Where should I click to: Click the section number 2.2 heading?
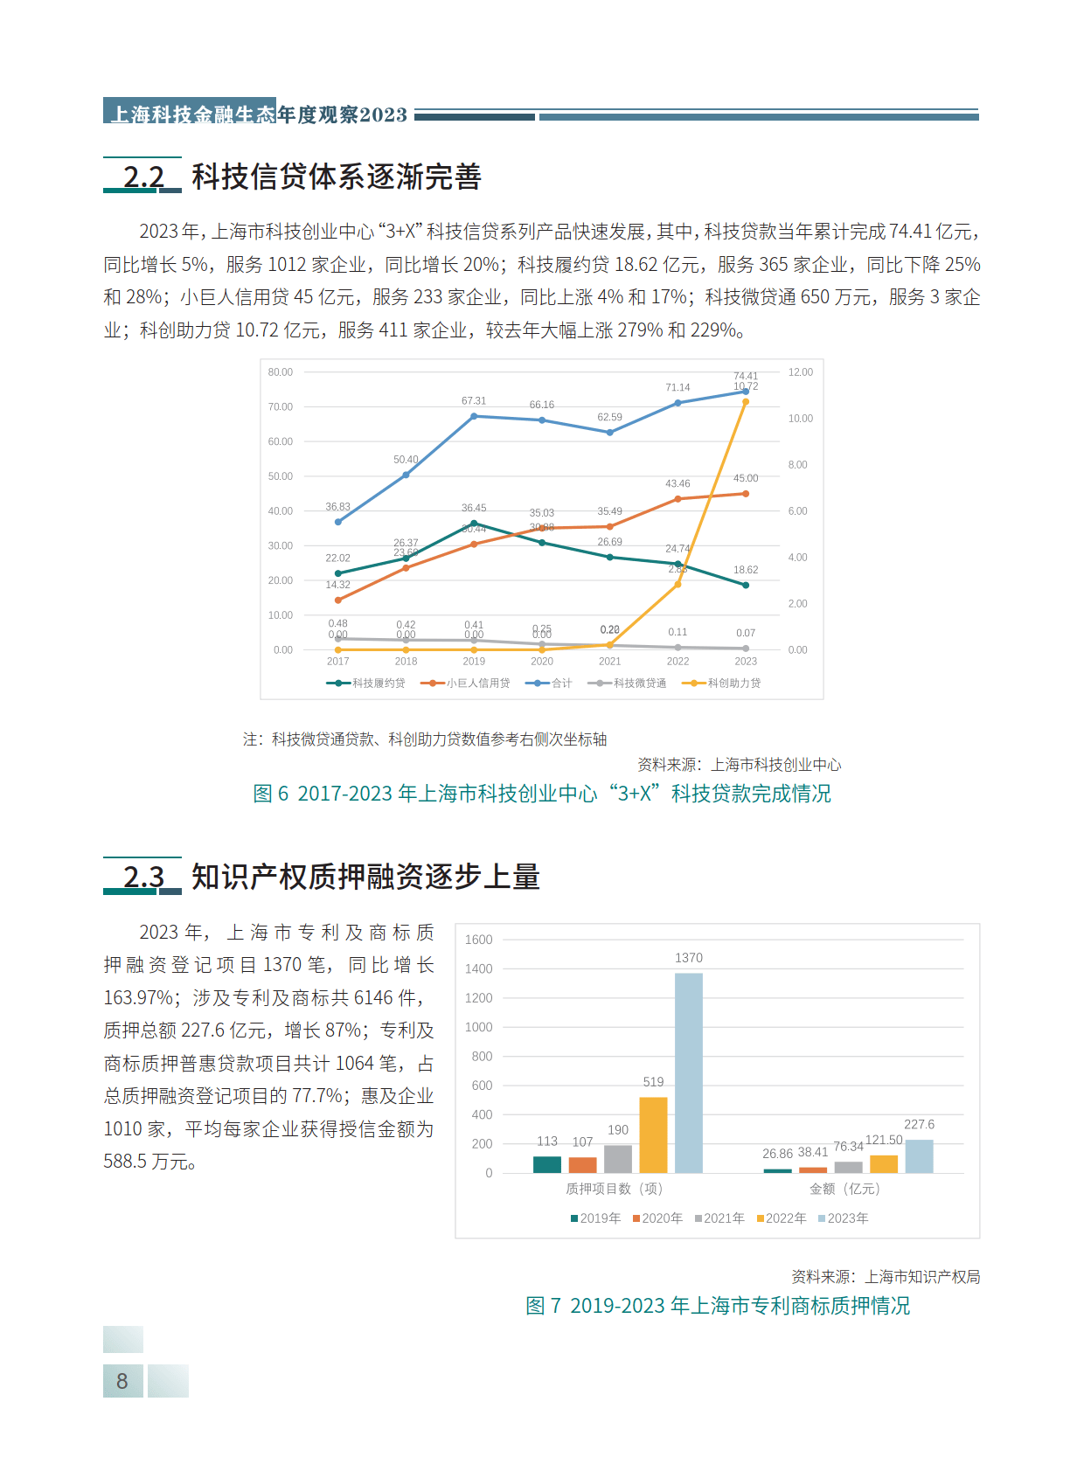click(x=143, y=177)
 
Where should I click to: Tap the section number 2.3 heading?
click(x=143, y=876)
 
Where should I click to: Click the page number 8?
click(x=122, y=1381)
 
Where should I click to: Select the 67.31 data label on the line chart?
click(x=474, y=401)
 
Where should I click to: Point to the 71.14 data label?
click(x=677, y=387)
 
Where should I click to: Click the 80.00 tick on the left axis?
click(x=281, y=372)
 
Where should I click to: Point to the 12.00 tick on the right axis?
click(x=800, y=372)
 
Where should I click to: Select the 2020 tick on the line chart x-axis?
click(x=542, y=662)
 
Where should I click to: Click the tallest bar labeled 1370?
click(x=689, y=1072)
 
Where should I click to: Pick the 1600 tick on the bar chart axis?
click(x=479, y=940)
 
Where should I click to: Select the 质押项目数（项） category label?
click(x=614, y=1189)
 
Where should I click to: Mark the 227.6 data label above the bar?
click(x=919, y=1125)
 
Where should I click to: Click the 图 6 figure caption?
click(x=542, y=794)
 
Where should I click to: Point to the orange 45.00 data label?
click(x=746, y=478)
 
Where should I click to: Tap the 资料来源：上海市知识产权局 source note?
click(x=886, y=1277)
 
